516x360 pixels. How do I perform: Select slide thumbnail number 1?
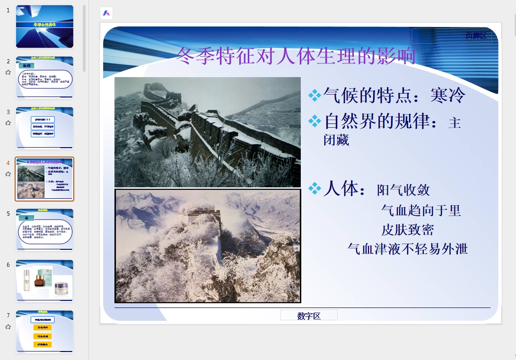point(44,26)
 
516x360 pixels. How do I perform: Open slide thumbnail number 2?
point(44,78)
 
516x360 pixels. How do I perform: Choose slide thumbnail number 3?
point(44,128)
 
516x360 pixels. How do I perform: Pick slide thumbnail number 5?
point(44,230)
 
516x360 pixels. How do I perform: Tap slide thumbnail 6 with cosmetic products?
point(44,281)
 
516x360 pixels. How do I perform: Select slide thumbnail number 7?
point(44,331)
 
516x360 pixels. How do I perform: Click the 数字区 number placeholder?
point(309,316)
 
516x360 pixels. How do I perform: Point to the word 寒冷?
point(448,96)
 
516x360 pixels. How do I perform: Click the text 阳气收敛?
point(403,190)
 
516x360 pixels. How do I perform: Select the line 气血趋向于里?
point(421,210)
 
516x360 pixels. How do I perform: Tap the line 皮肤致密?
point(407,230)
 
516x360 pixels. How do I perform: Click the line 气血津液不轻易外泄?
point(407,249)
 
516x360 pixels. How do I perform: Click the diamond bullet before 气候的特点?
point(315,96)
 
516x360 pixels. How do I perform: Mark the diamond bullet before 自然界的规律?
point(315,122)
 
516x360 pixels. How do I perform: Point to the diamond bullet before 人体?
point(315,189)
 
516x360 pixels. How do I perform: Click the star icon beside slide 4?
point(8,174)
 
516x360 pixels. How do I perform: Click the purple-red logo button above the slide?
point(106,13)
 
